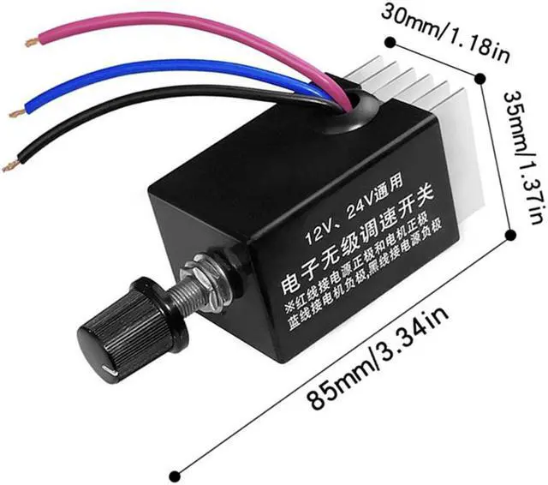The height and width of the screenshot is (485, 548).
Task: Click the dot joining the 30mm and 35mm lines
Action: click(x=486, y=79)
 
